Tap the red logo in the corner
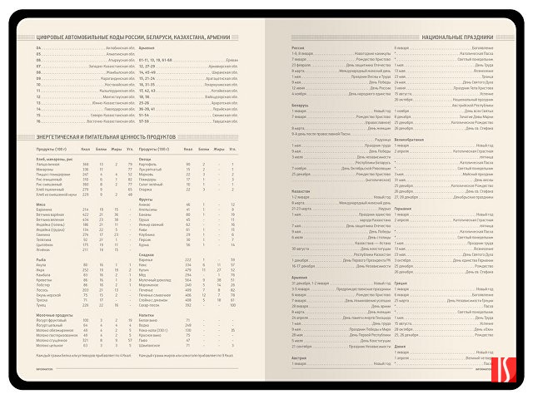(x=510, y=369)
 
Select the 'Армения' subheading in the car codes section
(x=147, y=48)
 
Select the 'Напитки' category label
(x=148, y=316)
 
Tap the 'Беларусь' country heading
(x=301, y=106)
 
